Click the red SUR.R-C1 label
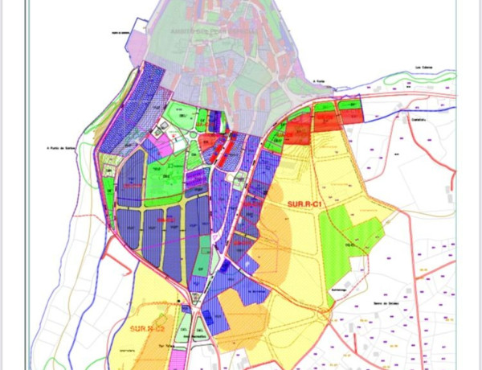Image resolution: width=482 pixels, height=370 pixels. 304,205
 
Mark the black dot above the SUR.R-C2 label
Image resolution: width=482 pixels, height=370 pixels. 178,303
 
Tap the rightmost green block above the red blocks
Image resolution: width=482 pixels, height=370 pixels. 349,105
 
